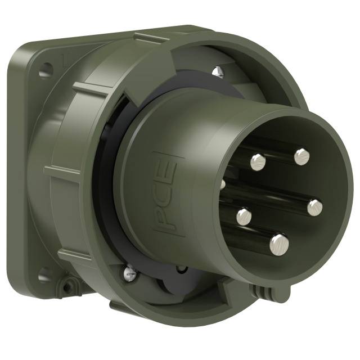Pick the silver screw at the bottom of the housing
coord(129,274)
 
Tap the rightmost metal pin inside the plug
coord(314,206)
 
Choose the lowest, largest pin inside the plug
coord(279,243)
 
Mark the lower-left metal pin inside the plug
coord(243,216)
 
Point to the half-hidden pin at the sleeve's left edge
coord(223,184)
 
